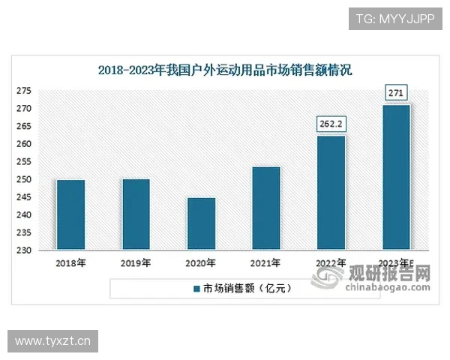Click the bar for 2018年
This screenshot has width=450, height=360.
pos(70,214)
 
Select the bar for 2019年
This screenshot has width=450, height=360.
pos(136,214)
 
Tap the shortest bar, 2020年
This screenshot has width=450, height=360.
pos(201,223)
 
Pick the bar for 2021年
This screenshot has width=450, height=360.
pos(265,208)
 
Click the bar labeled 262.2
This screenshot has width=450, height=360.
pos(331,193)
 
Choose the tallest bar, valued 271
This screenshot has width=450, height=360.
pos(396,177)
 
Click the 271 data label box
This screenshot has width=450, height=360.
pos(396,93)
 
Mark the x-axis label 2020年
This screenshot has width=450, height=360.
pos(201,263)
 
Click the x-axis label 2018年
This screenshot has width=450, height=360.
pos(70,263)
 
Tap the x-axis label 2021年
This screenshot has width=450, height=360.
pos(265,263)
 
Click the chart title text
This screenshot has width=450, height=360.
pos(225,70)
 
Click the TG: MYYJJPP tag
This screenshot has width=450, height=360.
pos(394,19)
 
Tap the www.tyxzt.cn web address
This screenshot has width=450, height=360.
pos(52,341)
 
